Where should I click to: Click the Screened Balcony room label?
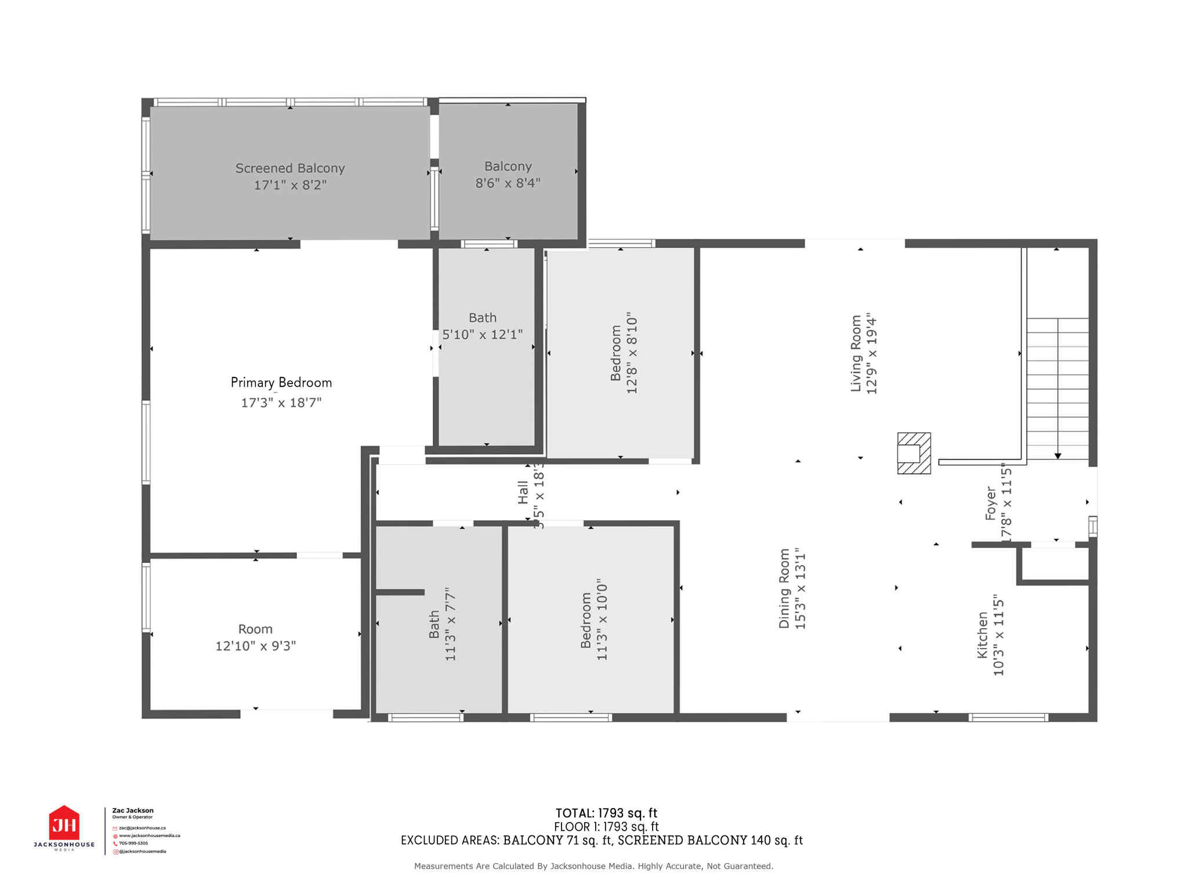(x=290, y=168)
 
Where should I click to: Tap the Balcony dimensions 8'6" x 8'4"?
(x=508, y=183)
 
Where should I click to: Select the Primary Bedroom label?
(x=281, y=383)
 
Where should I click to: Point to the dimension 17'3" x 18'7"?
(x=281, y=403)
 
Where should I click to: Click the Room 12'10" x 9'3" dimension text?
(x=256, y=646)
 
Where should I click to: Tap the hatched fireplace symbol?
(x=914, y=453)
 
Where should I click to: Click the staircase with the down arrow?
(x=1057, y=389)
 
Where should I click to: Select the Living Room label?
(x=856, y=354)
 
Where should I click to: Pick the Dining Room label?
(x=785, y=588)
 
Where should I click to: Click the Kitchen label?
(x=982, y=635)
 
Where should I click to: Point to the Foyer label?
(x=991, y=504)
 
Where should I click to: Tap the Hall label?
(x=523, y=492)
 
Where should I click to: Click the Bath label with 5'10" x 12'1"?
(x=483, y=318)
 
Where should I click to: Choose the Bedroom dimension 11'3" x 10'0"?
(x=603, y=620)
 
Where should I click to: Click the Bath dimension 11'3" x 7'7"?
(x=451, y=624)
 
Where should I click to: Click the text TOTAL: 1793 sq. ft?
(x=606, y=813)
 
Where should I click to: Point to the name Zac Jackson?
(x=133, y=810)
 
